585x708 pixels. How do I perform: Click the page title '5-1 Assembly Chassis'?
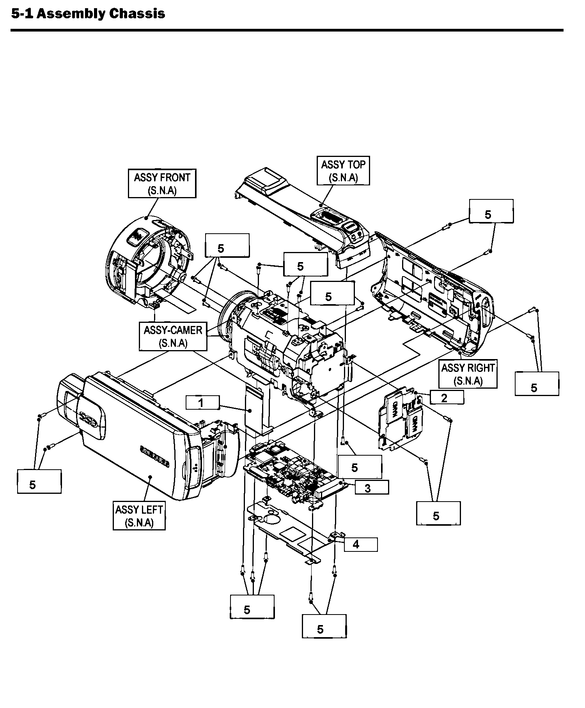click(x=88, y=14)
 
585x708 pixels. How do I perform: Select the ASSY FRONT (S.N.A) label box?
click(x=162, y=183)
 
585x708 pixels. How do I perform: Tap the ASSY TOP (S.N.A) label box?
click(x=343, y=171)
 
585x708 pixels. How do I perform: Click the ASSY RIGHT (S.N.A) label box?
click(x=468, y=374)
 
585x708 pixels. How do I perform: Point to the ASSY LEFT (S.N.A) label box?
click(x=139, y=516)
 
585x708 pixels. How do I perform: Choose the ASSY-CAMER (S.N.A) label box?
click(x=173, y=336)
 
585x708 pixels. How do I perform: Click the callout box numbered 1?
click(x=202, y=402)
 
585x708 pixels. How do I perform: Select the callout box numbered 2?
click(x=447, y=398)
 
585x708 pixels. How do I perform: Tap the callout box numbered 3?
click(x=371, y=488)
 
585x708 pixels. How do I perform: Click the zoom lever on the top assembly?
click(x=330, y=217)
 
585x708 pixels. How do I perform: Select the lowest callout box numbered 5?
click(x=324, y=627)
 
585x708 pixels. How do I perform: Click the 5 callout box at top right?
click(x=491, y=211)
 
